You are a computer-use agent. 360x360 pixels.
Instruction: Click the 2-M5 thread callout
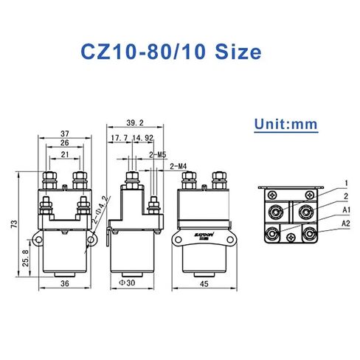158,154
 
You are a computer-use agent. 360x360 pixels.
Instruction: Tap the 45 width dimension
202,283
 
